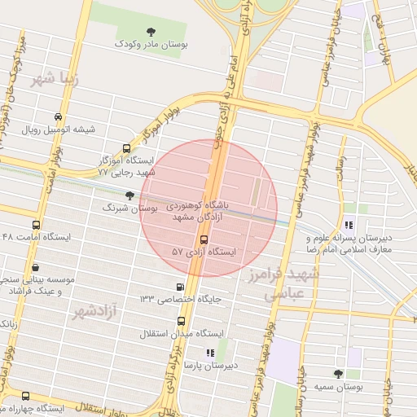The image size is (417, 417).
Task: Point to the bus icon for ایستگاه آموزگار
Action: coord(125,148)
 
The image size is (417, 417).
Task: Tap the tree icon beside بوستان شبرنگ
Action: coord(130,195)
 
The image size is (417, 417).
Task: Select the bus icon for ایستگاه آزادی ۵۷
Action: coord(204,239)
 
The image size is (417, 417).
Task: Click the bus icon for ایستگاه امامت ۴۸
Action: coord(35,225)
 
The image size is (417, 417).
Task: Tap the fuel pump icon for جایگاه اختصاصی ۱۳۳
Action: coord(179,287)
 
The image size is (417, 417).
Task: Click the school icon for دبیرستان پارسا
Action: coord(209,353)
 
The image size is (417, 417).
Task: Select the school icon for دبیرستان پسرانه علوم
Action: coord(349,226)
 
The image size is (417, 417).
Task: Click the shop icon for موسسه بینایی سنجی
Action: coord(35,267)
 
